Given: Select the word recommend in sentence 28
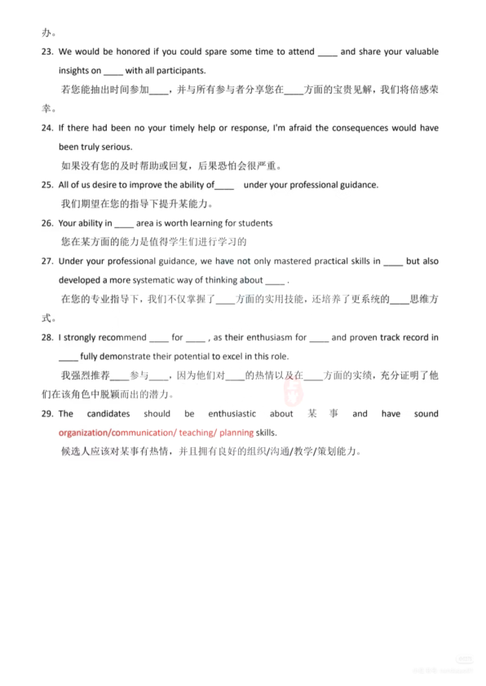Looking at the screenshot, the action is click(122, 337).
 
